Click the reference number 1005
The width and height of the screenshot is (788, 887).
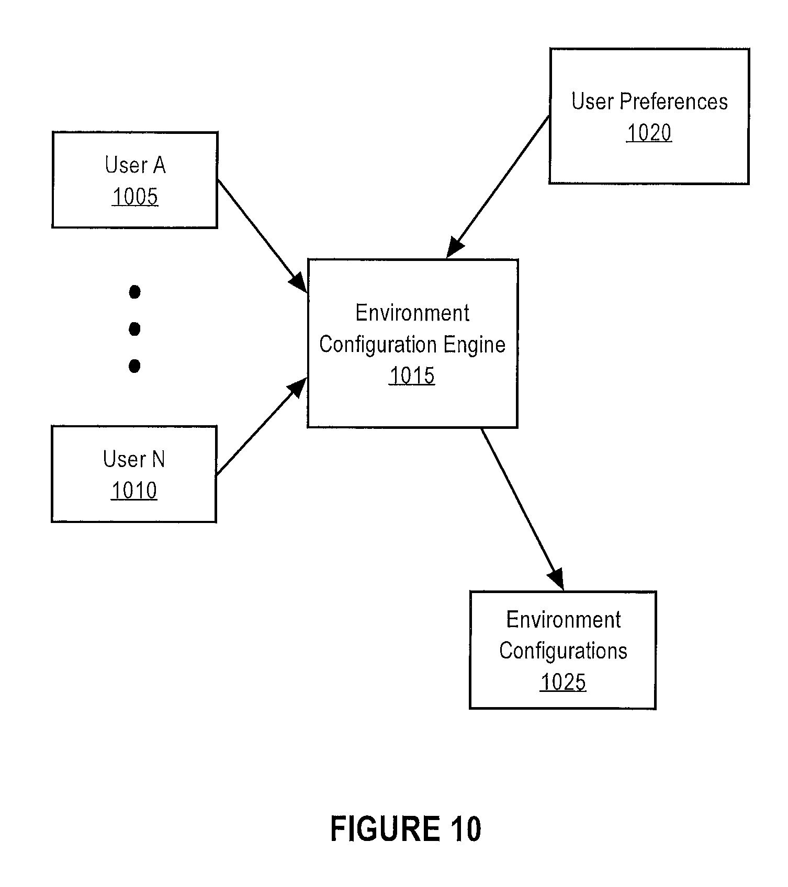pos(135,197)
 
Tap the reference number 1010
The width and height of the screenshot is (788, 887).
pos(134,491)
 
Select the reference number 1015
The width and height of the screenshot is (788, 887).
pos(412,376)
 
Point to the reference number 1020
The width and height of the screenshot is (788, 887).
pos(649,133)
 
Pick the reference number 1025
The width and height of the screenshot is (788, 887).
pos(563,683)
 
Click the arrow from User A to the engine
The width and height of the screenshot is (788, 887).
pos(262,235)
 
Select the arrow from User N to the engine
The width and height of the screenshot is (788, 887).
pos(262,427)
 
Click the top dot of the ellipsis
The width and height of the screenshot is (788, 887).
pos(134,292)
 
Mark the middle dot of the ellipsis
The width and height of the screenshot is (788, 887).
pos(134,329)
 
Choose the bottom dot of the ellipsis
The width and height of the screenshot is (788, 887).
pos(134,366)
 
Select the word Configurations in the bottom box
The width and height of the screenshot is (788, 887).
pos(563,651)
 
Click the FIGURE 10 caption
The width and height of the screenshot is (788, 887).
pos(406,829)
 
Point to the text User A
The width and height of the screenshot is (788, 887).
pos(135,165)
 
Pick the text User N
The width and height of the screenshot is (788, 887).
pos(134,459)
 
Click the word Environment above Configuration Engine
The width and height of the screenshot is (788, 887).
pos(412,313)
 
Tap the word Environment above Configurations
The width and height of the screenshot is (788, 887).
pos(563,620)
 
